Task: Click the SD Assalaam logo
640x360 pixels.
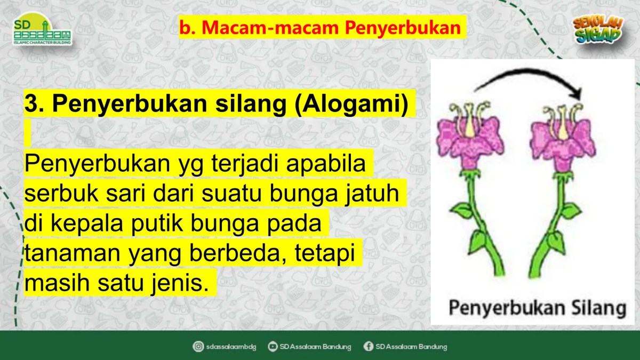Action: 42,32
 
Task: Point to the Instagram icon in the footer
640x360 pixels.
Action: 198,347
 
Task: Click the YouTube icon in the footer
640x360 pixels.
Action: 273,347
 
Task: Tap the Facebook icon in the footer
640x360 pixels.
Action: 368,347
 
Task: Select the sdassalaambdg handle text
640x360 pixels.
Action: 231,347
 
